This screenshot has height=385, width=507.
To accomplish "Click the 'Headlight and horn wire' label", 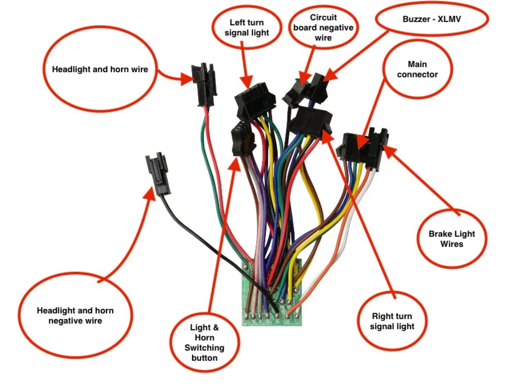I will pyautogui.click(x=100, y=69).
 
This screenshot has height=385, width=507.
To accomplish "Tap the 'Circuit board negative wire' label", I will pyautogui.click(x=323, y=27).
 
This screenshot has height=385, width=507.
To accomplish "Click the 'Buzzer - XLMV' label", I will pyautogui.click(x=432, y=20).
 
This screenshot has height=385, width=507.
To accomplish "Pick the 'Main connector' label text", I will pyautogui.click(x=417, y=69).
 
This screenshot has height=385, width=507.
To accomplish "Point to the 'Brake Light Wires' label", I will pyautogui.click(x=452, y=239).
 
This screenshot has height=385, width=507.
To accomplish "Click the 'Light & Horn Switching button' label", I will pyautogui.click(x=204, y=343).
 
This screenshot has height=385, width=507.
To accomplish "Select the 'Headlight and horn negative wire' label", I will pyautogui.click(x=75, y=316).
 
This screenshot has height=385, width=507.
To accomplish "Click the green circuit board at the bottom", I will pyautogui.click(x=271, y=304).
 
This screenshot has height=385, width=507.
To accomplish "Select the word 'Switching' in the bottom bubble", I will pyautogui.click(x=204, y=348).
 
